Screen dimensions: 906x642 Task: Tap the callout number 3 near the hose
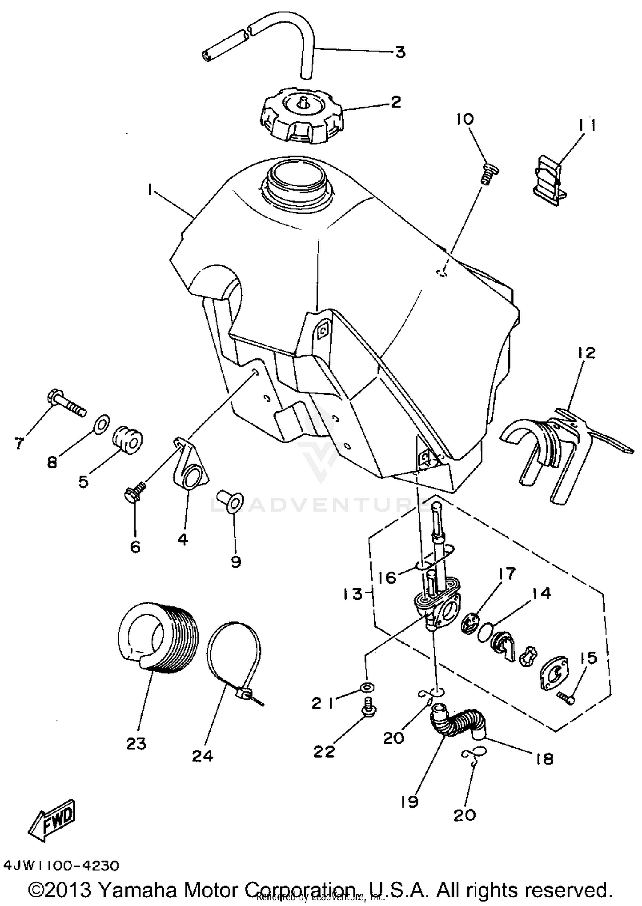tap(400, 52)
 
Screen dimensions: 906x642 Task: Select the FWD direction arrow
tap(55, 820)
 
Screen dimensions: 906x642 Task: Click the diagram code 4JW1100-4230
tap(61, 865)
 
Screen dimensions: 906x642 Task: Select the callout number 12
tap(588, 353)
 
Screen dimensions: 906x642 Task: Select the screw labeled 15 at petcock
tap(566, 697)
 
